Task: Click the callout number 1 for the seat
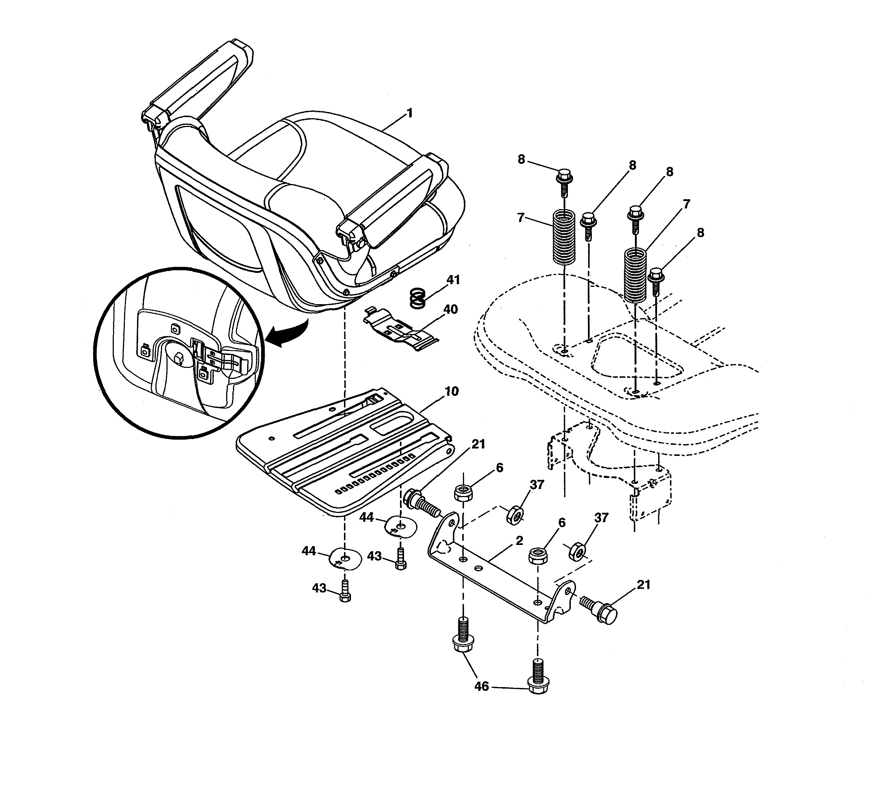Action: pyautogui.click(x=409, y=114)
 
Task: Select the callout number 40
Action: pyautogui.click(x=450, y=309)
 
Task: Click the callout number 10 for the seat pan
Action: pyautogui.click(x=452, y=391)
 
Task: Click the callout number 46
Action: pyautogui.click(x=481, y=686)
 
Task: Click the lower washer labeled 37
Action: pyautogui.click(x=577, y=551)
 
